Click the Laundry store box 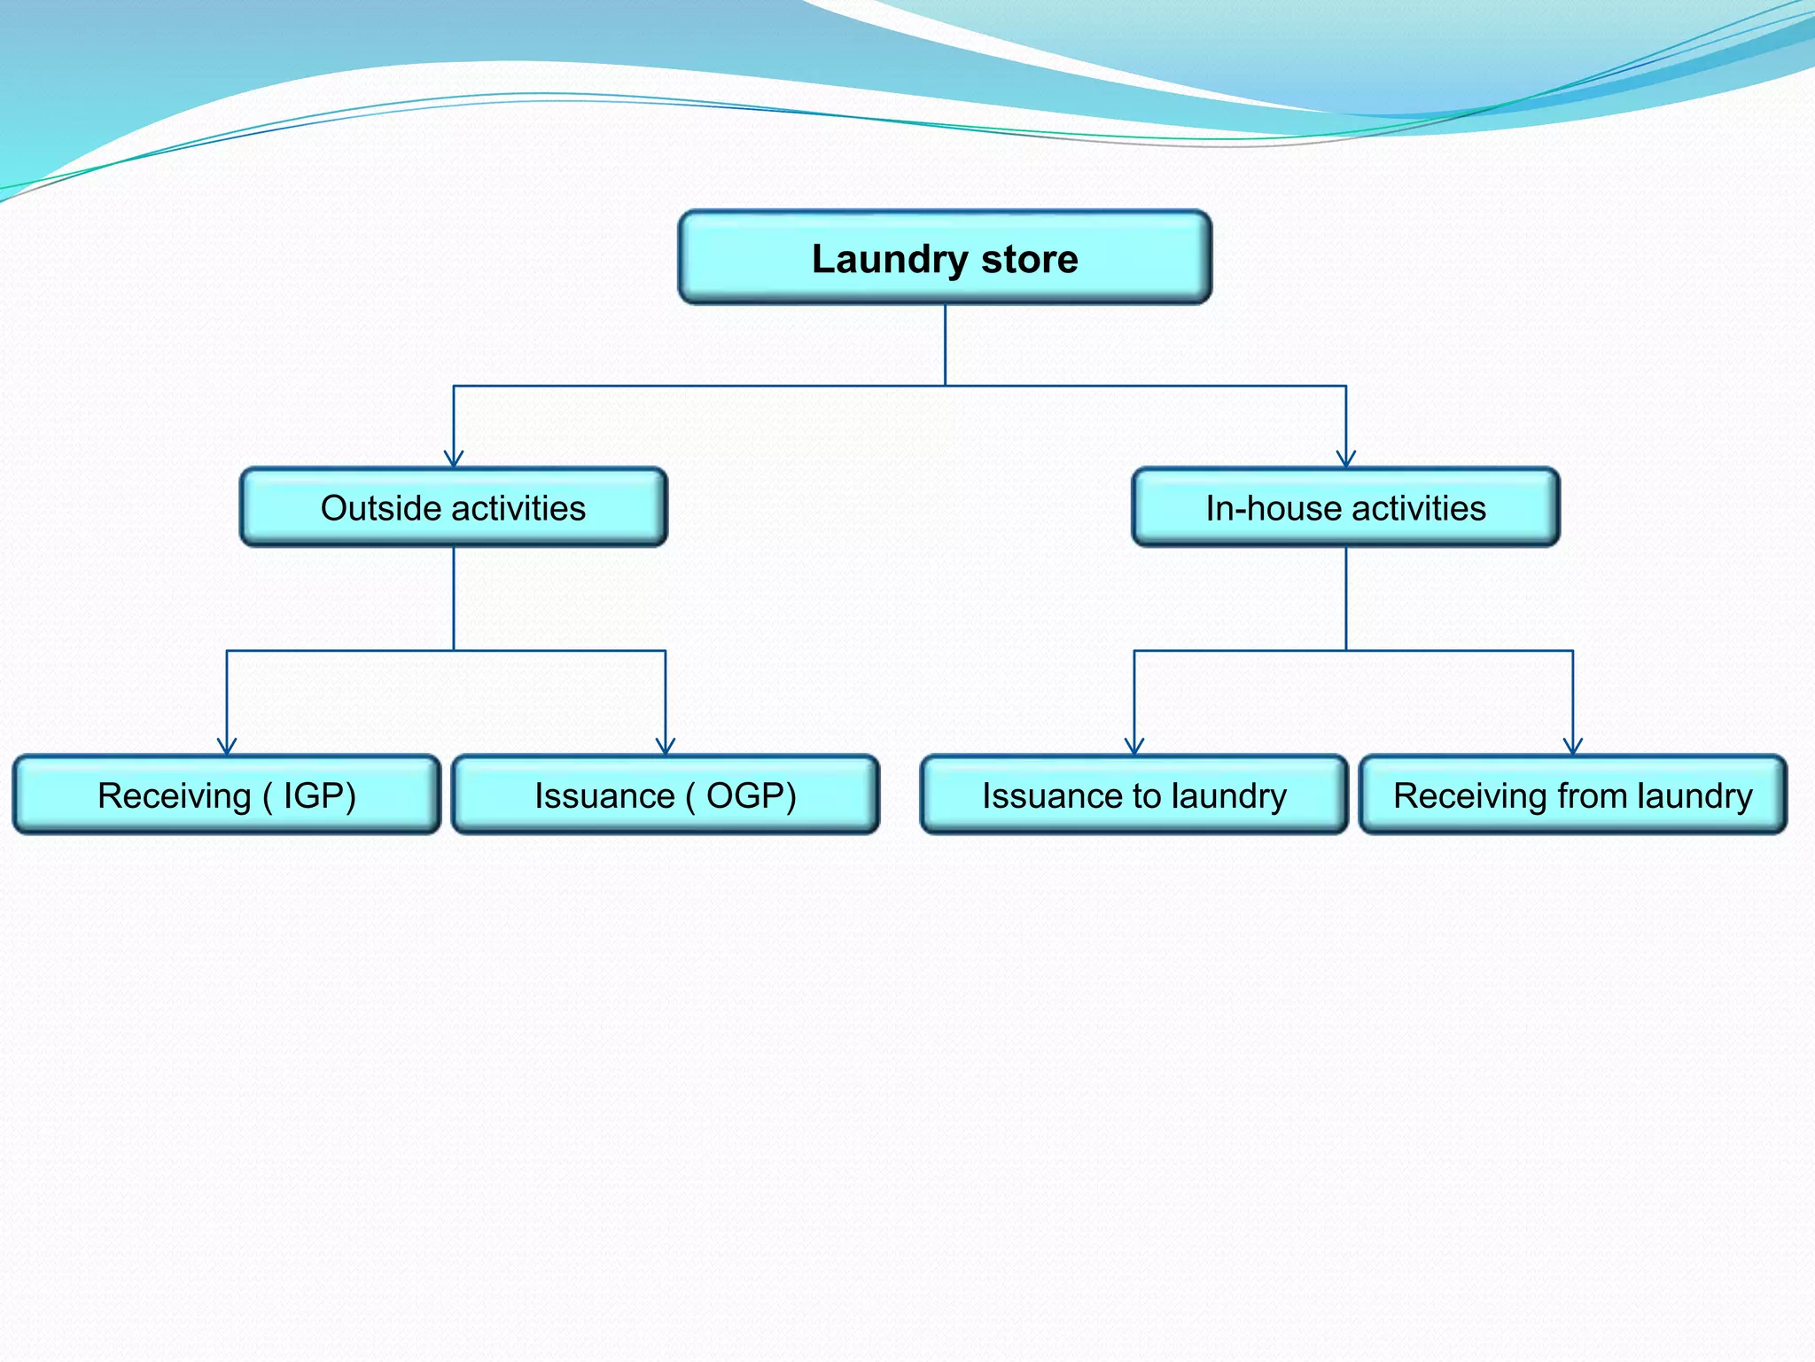click(x=945, y=257)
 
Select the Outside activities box click(x=453, y=507)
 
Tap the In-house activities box click(x=1345, y=507)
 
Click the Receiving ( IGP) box click(x=227, y=795)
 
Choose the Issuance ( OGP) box click(x=666, y=795)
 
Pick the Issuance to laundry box click(x=1134, y=795)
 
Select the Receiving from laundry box click(x=1573, y=795)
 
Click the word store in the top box click(x=1029, y=259)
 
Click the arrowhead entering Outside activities click(x=454, y=459)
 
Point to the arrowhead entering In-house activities click(x=1346, y=459)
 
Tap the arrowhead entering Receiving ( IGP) click(x=227, y=747)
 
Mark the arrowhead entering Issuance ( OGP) click(x=666, y=747)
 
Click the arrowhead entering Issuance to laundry click(x=1134, y=747)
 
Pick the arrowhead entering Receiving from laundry click(x=1573, y=747)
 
